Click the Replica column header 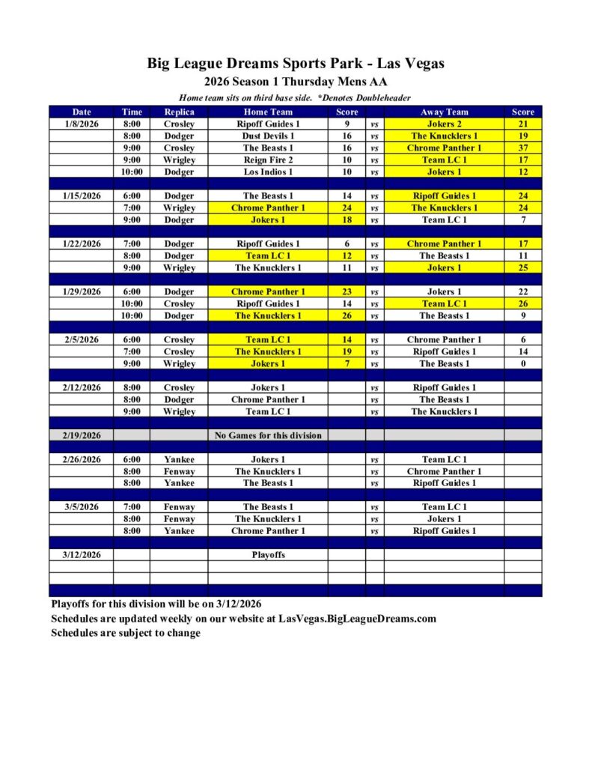(179, 112)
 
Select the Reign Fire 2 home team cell (268, 160)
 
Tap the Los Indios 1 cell (268, 172)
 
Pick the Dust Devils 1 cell (268, 136)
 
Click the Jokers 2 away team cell (444, 124)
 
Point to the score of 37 (522, 148)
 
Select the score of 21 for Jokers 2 (522, 124)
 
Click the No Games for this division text (268, 435)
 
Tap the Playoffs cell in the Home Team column (268, 555)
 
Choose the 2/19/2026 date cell (81, 435)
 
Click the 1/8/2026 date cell (81, 124)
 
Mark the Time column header (131, 112)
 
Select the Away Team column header (444, 112)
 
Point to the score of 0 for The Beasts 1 (522, 363)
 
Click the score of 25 (522, 267)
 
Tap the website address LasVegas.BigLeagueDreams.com (357, 619)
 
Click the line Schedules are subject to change (126, 633)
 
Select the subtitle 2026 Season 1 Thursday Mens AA (296, 82)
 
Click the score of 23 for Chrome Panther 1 (347, 291)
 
